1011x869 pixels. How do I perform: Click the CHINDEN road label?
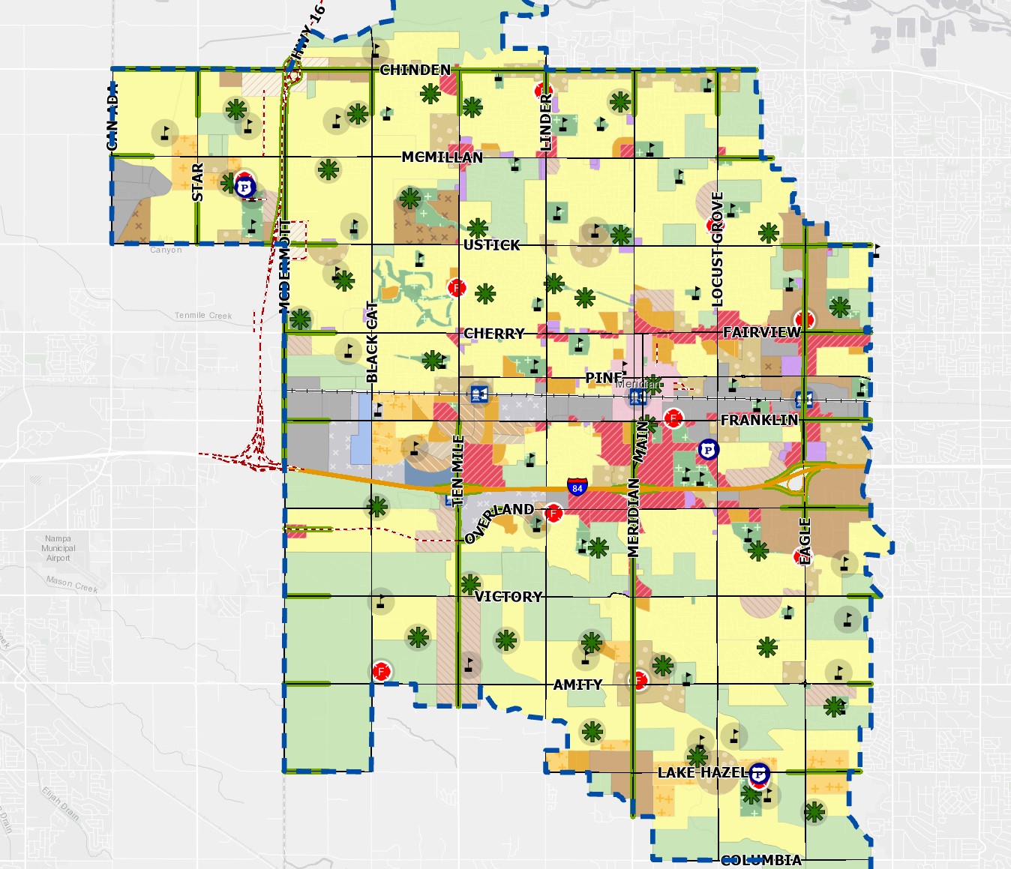click(415, 70)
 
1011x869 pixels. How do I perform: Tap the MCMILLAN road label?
click(442, 157)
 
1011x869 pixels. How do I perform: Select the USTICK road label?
click(491, 244)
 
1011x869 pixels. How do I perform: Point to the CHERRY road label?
click(493, 333)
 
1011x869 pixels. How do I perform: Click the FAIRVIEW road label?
click(761, 331)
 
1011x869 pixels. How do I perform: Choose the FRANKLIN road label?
click(759, 420)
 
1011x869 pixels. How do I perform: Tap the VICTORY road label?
click(508, 596)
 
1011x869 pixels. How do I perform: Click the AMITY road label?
click(577, 684)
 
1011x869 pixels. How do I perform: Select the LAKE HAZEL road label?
click(701, 772)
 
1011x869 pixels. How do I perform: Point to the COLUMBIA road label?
click(760, 860)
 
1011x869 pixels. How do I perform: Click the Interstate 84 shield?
click(577, 487)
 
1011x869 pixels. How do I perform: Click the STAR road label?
click(197, 181)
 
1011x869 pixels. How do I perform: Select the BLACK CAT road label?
click(372, 342)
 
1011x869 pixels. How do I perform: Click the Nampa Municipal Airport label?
click(58, 548)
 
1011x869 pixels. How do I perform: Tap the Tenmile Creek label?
click(203, 316)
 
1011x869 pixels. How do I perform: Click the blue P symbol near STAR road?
click(244, 186)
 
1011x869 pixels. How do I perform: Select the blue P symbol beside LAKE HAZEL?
click(759, 774)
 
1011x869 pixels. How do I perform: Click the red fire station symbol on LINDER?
click(542, 91)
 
